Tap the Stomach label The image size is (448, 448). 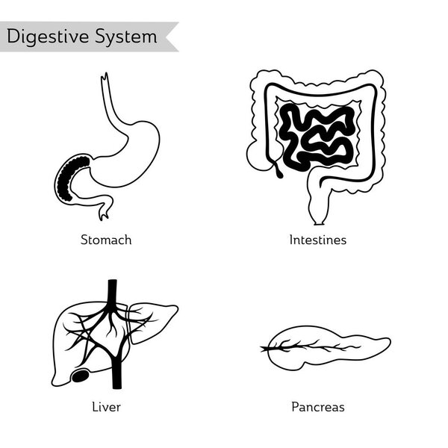click(x=106, y=240)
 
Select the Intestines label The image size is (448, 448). click(x=318, y=240)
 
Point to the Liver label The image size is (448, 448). click(x=106, y=407)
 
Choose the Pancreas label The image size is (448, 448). click(x=318, y=407)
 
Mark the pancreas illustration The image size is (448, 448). click(x=329, y=346)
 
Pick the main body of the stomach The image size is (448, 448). click(x=138, y=146)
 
